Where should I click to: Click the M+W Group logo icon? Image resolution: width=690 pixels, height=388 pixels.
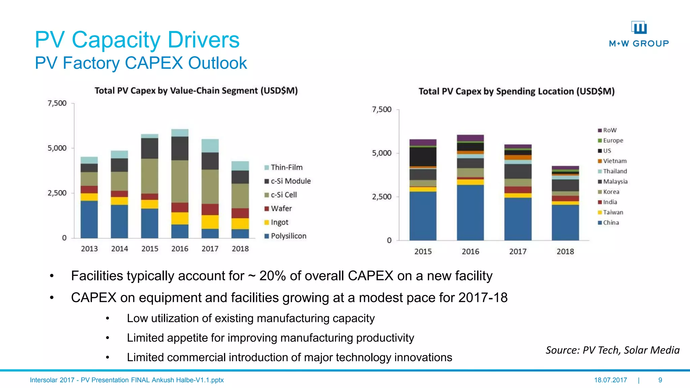point(639,28)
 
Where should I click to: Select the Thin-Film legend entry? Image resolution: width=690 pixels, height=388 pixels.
point(286,167)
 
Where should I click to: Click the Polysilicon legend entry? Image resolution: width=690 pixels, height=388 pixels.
point(288,236)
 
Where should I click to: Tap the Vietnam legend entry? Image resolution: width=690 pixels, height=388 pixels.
point(614,161)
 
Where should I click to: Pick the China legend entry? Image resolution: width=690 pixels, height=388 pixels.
point(610,223)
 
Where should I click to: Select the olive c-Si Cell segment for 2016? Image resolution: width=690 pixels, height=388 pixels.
point(180,181)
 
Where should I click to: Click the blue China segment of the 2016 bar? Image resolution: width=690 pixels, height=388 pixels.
point(470,212)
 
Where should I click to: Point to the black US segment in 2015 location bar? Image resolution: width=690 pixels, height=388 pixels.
point(423,157)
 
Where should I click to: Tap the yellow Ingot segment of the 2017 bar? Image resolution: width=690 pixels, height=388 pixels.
point(210,222)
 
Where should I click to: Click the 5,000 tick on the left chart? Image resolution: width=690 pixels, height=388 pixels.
point(57,148)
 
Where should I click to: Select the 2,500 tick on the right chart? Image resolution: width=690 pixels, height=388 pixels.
point(381,197)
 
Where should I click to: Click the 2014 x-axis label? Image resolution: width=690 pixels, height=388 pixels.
point(120,249)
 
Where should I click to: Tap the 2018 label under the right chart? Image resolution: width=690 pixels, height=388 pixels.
point(565,252)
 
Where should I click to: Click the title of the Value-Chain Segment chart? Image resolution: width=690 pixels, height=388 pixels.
point(196,91)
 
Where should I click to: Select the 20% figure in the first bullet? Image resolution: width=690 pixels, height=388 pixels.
point(272,276)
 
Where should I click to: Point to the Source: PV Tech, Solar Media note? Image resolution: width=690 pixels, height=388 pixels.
point(613,350)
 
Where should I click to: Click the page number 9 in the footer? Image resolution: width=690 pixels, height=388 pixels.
point(660,380)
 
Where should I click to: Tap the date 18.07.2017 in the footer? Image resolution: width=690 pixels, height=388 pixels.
point(610,380)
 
